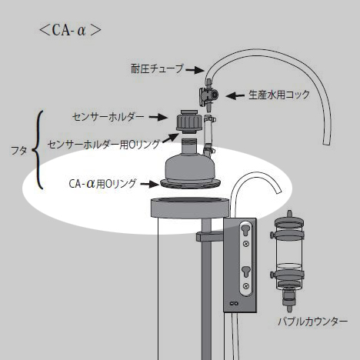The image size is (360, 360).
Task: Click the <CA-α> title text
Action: point(70,31)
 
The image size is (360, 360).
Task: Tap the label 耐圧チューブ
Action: point(158,68)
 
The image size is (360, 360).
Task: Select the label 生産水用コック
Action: point(279,95)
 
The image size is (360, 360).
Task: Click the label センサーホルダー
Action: point(108,117)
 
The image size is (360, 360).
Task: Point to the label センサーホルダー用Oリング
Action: point(104,145)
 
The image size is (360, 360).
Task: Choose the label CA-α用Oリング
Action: point(102,184)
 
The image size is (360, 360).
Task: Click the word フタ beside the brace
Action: point(18,151)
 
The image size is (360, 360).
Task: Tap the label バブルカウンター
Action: point(313,322)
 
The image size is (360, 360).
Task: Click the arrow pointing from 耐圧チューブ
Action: point(195,69)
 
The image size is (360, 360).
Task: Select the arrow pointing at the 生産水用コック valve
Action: point(235,96)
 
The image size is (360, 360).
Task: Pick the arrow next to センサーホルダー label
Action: point(158,118)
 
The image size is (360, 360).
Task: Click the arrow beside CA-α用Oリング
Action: point(150,184)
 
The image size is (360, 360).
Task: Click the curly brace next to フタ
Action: point(38,150)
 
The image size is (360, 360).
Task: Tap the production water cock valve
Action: point(208,96)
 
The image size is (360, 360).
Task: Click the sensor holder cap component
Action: point(189,122)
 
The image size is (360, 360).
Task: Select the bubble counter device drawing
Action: point(288,261)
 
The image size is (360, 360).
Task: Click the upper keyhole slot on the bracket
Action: point(246,228)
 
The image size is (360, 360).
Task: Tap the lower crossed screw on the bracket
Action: point(246,285)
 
